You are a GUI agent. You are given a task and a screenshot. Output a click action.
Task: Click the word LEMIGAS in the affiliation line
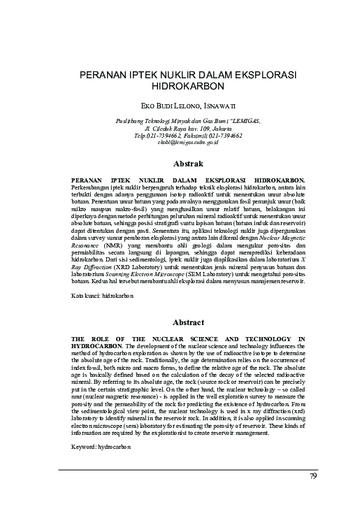point(242,120)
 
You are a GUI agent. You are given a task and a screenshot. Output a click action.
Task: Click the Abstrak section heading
point(187,164)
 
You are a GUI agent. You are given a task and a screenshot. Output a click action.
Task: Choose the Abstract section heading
point(187,322)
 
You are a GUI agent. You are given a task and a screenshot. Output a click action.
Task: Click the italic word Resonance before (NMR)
point(89,247)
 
